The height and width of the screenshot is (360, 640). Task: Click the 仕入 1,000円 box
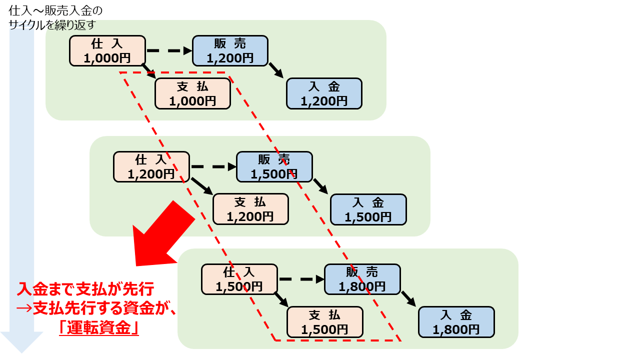(107, 51)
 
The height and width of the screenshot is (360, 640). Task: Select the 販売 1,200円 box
(230, 51)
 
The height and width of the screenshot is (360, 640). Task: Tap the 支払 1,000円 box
(192, 93)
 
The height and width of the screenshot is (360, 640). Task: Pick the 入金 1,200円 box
(324, 93)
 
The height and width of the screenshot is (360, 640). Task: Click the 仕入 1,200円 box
(151, 166)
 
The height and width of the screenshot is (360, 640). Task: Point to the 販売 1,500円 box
(274, 166)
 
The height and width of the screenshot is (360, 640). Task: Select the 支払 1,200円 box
(250, 209)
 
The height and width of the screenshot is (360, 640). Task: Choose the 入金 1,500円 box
(368, 209)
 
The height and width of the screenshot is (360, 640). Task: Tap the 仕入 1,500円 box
(239, 279)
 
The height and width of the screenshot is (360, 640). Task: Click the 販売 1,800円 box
(362, 279)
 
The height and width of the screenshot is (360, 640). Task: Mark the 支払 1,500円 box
(325, 322)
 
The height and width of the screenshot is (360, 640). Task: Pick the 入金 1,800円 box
(456, 322)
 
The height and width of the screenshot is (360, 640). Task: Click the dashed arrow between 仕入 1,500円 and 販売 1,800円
(301, 279)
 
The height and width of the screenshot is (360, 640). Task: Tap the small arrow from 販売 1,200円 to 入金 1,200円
(276, 70)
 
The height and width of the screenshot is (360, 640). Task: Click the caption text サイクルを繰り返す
(52, 24)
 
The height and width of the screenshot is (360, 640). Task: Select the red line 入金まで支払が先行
(85, 289)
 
